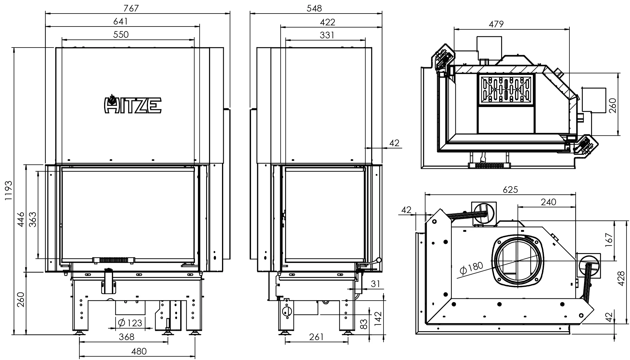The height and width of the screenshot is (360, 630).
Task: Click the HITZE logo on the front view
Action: [x=132, y=104]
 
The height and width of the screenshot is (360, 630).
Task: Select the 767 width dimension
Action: [x=131, y=8]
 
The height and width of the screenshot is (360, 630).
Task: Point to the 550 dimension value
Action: [x=121, y=35]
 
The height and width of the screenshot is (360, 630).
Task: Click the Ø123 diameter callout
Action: [x=130, y=323]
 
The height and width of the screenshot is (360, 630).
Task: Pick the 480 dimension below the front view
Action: [x=139, y=351]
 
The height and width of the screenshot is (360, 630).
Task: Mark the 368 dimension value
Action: [x=127, y=337]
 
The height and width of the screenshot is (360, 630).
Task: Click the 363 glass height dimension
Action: [x=33, y=220]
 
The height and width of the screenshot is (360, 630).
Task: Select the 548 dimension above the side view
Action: [x=314, y=8]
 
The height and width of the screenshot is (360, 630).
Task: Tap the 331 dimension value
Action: [x=327, y=35]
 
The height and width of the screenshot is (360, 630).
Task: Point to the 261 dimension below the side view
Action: [x=316, y=337]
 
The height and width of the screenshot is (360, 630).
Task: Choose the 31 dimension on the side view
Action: [x=375, y=284]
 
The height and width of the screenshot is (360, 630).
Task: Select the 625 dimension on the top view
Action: [x=510, y=189]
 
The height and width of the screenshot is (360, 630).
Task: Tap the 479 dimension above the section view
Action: [x=496, y=24]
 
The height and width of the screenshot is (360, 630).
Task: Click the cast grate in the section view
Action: [x=506, y=89]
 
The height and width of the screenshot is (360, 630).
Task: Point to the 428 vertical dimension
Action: [x=621, y=278]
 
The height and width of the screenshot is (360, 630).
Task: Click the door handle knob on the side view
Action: [x=379, y=260]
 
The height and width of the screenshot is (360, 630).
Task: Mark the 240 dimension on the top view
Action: [x=548, y=202]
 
